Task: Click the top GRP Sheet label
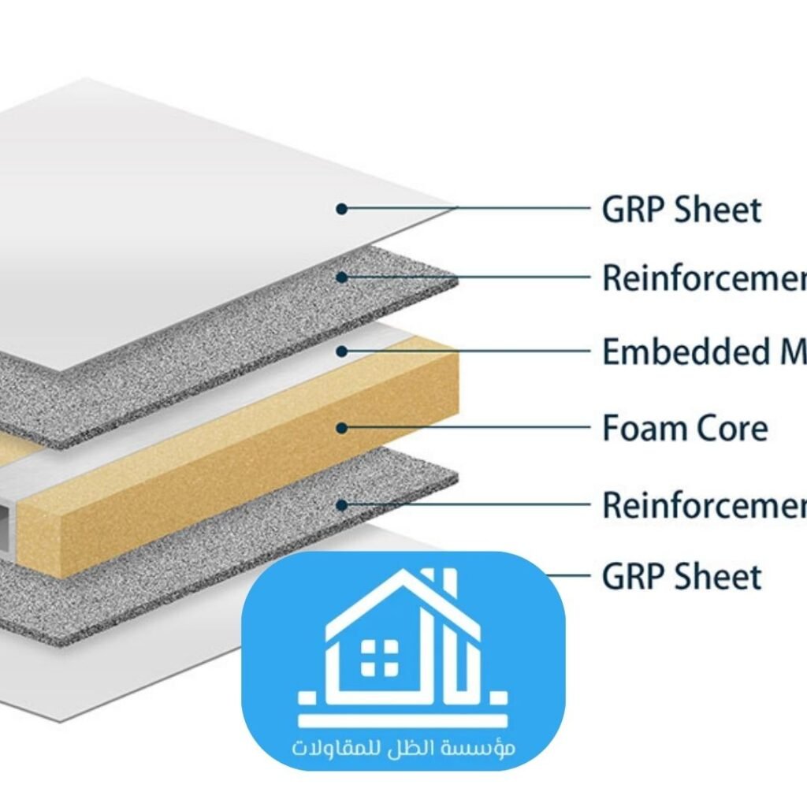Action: (x=681, y=210)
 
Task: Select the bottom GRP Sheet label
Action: (x=681, y=577)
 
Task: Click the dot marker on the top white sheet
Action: (x=341, y=209)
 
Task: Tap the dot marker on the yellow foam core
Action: (x=341, y=428)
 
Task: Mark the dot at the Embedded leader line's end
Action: (x=341, y=351)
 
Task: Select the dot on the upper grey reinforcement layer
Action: (x=341, y=277)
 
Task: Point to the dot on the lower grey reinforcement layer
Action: (x=341, y=504)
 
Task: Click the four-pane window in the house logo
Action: (x=379, y=656)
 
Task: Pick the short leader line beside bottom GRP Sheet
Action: (x=571, y=576)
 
